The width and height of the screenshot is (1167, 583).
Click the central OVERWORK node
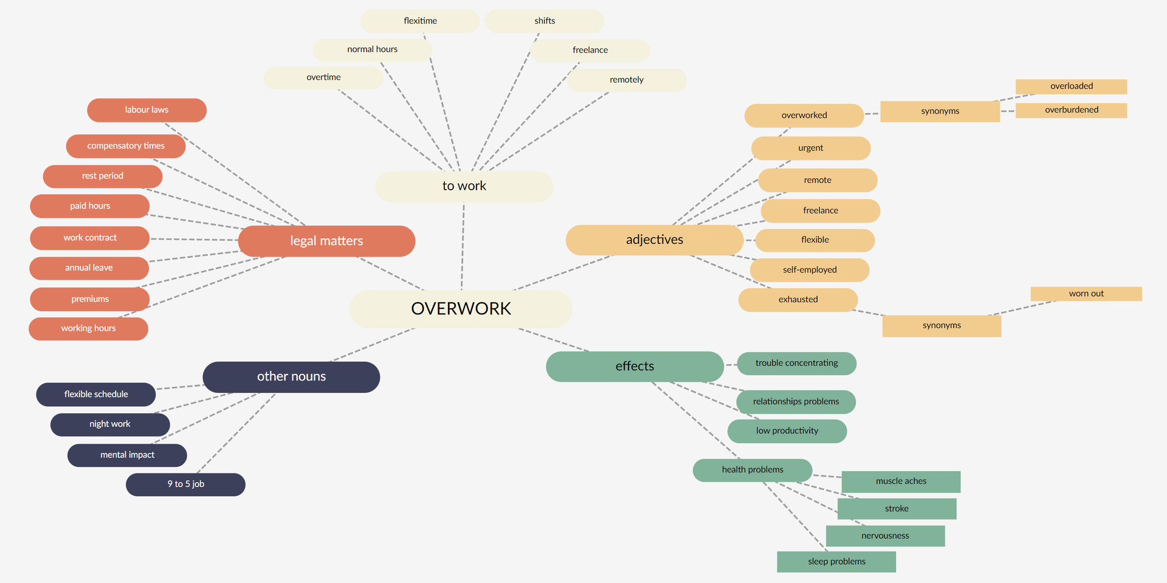click(461, 309)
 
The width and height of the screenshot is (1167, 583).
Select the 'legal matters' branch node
click(326, 241)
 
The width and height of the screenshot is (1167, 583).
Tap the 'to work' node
click(464, 186)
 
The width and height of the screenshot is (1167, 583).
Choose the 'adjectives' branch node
click(654, 240)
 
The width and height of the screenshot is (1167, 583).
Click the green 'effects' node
click(635, 366)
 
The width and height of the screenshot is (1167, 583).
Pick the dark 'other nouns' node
click(291, 376)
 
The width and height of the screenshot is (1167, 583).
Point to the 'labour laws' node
click(146, 110)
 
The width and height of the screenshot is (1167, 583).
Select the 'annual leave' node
click(89, 268)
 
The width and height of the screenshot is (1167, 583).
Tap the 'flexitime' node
click(420, 21)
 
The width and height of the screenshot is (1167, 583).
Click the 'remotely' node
click(626, 80)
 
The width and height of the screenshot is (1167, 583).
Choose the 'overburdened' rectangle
click(1071, 110)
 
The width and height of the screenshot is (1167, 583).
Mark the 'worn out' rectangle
click(1086, 294)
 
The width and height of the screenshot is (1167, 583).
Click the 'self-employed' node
click(810, 270)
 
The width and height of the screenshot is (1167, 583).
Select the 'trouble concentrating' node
click(796, 363)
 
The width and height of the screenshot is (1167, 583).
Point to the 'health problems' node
click(752, 470)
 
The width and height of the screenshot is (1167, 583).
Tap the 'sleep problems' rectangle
click(836, 561)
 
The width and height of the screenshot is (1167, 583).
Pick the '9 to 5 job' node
click(185, 485)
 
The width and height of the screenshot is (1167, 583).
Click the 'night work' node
click(110, 424)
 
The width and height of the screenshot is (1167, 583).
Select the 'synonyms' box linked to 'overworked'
click(940, 111)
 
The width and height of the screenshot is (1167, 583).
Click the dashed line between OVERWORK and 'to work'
click(463, 246)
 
